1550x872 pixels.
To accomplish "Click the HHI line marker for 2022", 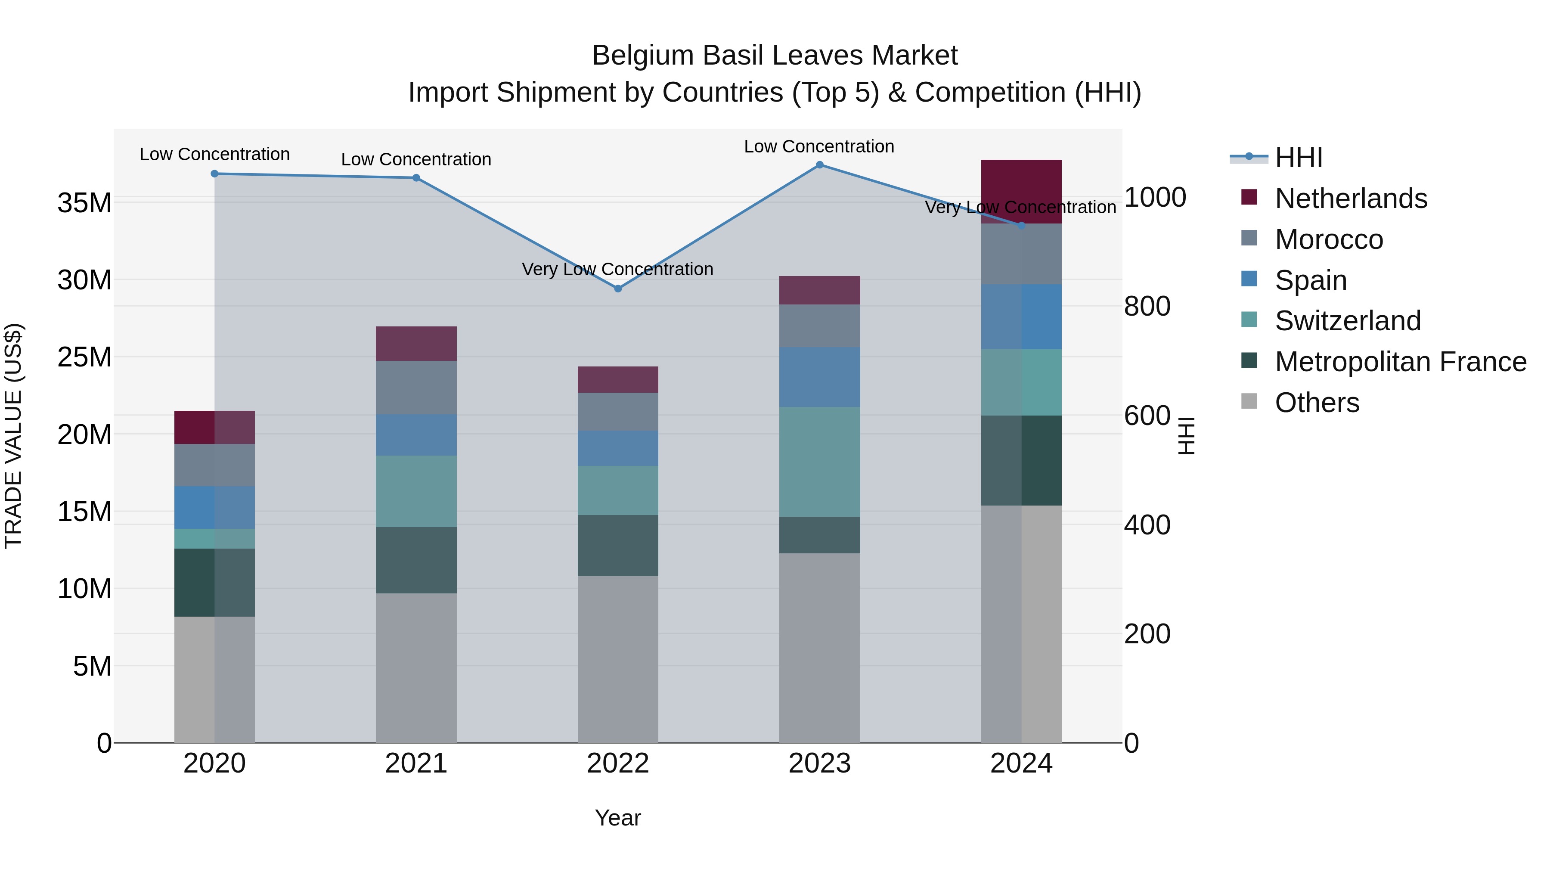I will click(x=617, y=289).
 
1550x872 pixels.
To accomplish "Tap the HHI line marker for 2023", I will click(x=819, y=165).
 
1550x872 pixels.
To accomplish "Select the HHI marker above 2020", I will click(x=215, y=174).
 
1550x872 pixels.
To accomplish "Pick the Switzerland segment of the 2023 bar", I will click(x=819, y=462).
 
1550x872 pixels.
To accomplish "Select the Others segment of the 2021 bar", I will click(x=416, y=667).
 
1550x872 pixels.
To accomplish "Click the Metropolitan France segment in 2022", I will click(x=617, y=545).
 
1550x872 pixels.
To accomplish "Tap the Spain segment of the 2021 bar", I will click(x=416, y=434).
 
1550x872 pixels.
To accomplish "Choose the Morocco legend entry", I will click(x=1329, y=239).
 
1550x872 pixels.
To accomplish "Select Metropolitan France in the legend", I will click(x=1400, y=362).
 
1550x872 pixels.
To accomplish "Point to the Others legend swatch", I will click(x=1249, y=401).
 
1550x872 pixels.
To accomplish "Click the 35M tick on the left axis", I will click(x=84, y=203).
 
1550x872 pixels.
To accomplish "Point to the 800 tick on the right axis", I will click(x=1147, y=306).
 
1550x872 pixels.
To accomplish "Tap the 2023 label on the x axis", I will click(x=819, y=763).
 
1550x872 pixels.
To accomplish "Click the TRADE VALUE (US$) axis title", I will click(x=13, y=436).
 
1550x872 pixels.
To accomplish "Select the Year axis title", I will click(x=617, y=818).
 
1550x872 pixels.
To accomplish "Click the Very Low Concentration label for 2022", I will click(x=617, y=269).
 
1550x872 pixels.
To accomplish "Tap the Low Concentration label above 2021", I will click(x=416, y=159).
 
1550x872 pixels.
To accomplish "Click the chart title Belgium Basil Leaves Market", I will click(x=775, y=56).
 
